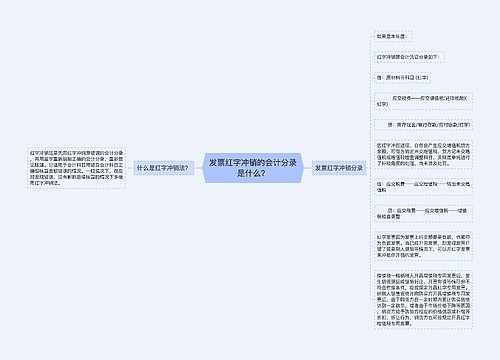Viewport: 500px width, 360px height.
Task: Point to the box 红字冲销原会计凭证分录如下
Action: (405, 57)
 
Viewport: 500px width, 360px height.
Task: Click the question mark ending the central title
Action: (263, 174)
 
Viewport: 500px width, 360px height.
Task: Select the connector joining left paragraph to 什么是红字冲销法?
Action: (122, 168)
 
